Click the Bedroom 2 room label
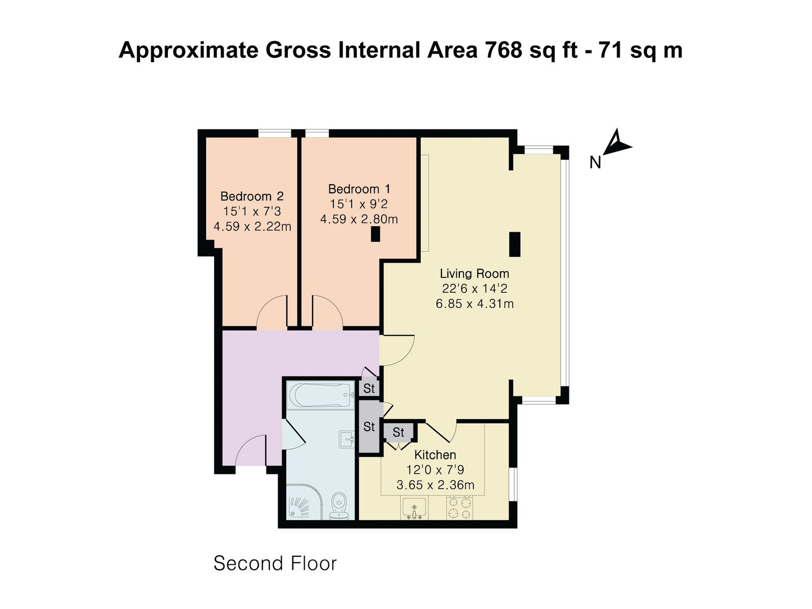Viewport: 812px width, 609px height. (x=252, y=196)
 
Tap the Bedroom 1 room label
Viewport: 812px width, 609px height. (x=359, y=189)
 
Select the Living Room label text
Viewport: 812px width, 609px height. (x=474, y=274)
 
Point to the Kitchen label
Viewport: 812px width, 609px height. (x=435, y=455)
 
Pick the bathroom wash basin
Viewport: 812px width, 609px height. (x=348, y=439)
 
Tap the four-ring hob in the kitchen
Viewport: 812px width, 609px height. (x=460, y=508)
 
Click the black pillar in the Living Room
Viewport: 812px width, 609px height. (x=515, y=244)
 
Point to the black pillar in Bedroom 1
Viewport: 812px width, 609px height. (x=376, y=234)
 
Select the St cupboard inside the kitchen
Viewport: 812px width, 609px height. (x=398, y=432)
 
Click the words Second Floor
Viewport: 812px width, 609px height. (x=275, y=563)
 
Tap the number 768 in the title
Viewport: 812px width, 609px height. (x=504, y=50)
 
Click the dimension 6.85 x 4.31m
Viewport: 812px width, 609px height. (x=475, y=304)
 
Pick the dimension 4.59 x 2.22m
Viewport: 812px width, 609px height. (x=252, y=226)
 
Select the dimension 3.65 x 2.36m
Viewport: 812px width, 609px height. (x=435, y=485)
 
